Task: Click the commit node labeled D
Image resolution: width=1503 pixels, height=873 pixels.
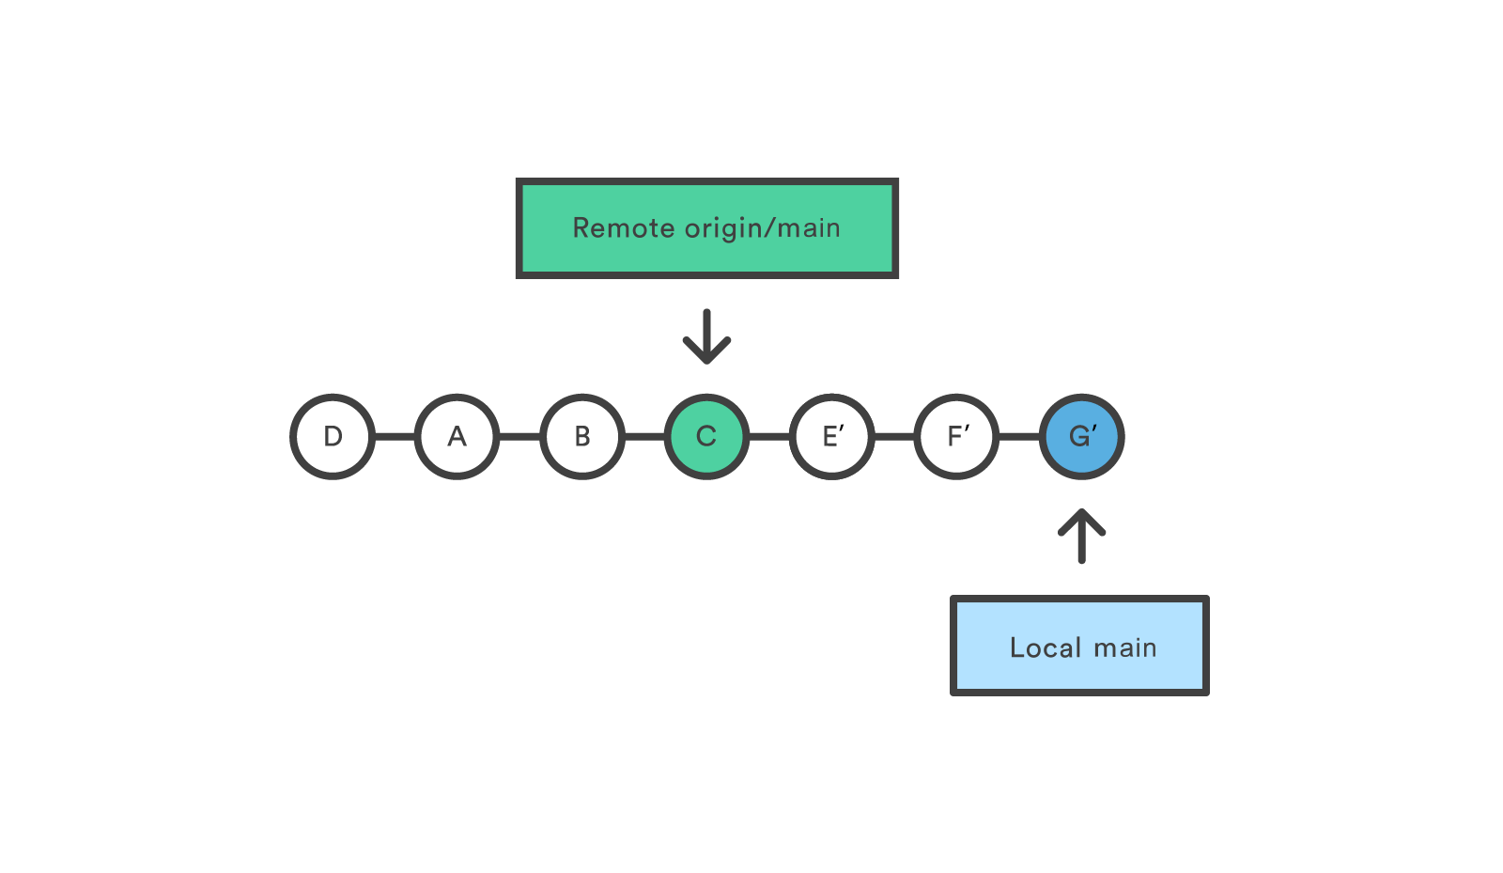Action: point(333,436)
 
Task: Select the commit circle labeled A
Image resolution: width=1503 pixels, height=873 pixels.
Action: point(457,436)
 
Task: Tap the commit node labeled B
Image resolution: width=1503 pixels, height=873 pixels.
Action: point(582,436)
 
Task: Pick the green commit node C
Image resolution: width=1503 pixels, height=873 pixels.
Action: point(706,436)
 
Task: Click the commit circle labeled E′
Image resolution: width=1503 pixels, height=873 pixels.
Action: point(831,436)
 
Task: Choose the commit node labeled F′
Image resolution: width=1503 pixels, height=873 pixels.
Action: point(956,436)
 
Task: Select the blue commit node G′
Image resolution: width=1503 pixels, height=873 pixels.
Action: point(1081,436)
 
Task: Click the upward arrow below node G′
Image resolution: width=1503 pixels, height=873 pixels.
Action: point(1081,537)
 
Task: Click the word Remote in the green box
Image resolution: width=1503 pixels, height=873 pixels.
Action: point(624,228)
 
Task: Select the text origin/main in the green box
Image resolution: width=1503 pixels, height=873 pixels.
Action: point(762,228)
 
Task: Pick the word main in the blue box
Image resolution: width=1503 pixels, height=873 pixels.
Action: point(1124,647)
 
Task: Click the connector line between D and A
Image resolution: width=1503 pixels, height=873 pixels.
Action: point(395,436)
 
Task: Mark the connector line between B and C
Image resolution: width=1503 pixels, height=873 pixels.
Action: point(644,436)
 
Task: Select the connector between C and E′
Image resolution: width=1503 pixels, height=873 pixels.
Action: point(769,436)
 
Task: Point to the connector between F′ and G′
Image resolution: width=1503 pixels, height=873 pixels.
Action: point(1019,436)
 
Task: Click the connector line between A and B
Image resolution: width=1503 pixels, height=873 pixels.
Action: point(519,436)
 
